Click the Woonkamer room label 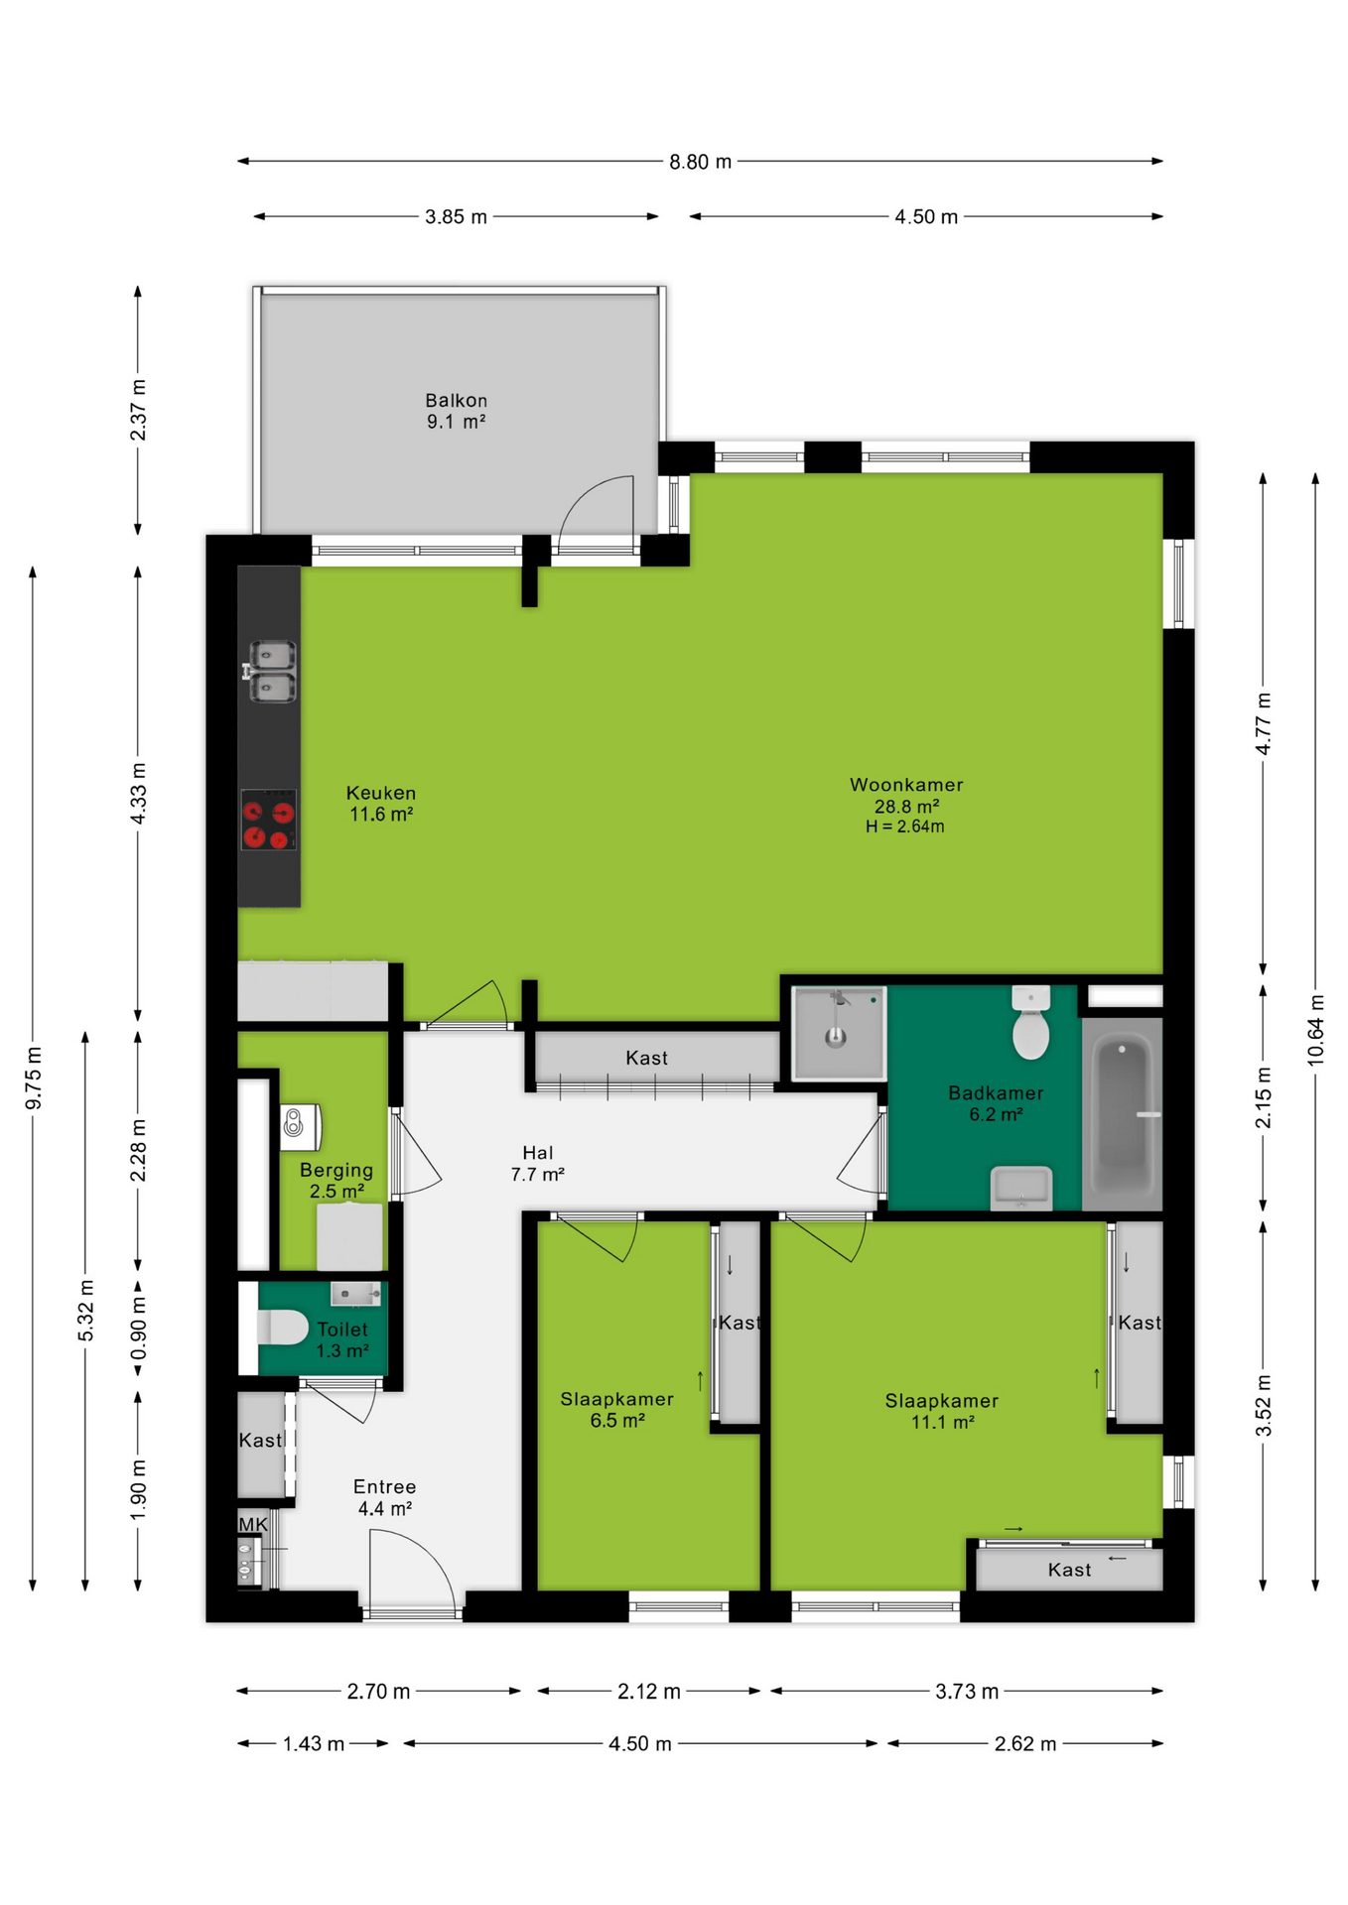click(906, 785)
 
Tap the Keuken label click(381, 793)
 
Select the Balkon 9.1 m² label click(457, 411)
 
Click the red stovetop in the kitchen click(269, 820)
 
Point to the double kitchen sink click(271, 672)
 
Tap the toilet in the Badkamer click(1031, 1023)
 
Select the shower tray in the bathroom click(839, 1033)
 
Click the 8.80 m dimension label click(700, 162)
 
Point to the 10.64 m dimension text click(1315, 1030)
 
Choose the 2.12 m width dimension click(649, 1692)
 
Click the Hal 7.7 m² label click(538, 1164)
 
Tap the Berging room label click(337, 1170)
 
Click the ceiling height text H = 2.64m click(904, 826)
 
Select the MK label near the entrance click(253, 1525)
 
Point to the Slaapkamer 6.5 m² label click(616, 1410)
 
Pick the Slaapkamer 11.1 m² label click(942, 1411)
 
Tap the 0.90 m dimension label click(138, 1329)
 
